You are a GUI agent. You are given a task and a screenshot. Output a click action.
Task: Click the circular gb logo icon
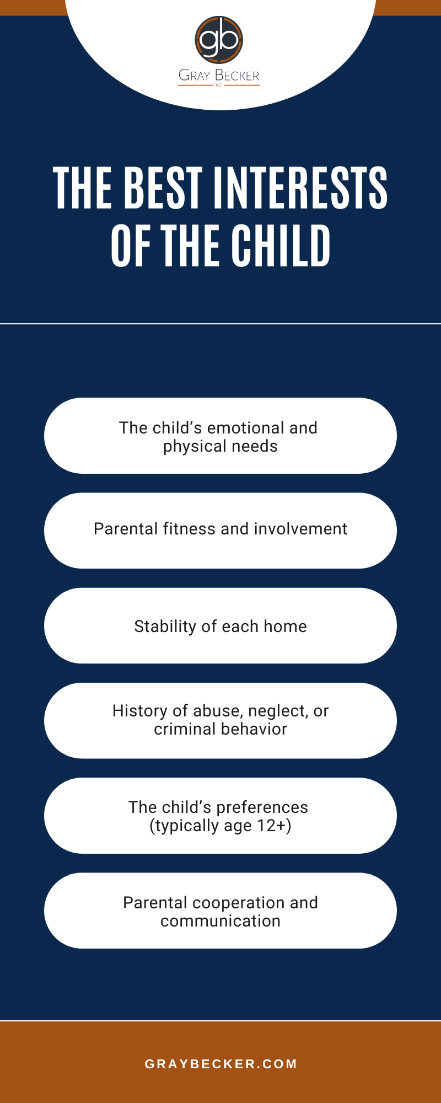point(219,40)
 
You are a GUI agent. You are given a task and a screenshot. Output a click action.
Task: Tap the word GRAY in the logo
point(195,76)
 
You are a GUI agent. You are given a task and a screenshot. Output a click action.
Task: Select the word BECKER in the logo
point(237,76)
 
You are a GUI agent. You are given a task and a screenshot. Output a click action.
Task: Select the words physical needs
point(220,446)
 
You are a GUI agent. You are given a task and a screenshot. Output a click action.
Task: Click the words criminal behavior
point(220,729)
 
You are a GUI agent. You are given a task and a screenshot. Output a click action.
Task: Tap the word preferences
point(262,807)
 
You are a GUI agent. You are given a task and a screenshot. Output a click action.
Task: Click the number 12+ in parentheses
point(273,826)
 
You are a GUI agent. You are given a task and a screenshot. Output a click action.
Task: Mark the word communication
point(220,921)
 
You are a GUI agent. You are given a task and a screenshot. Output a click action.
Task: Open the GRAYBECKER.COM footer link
point(220,1064)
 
